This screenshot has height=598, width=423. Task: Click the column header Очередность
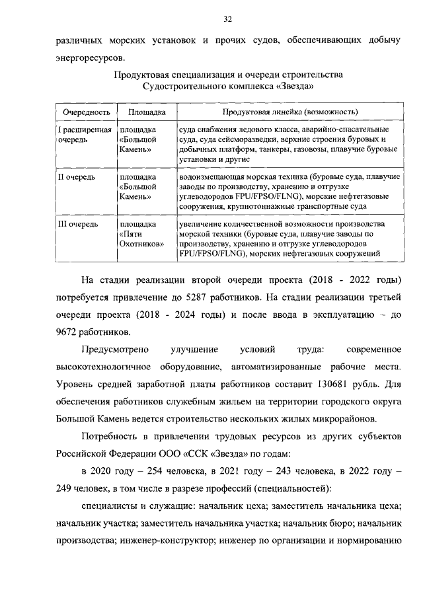pyautogui.click(x=82, y=112)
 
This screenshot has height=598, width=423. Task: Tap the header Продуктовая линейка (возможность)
pyautogui.click(x=286, y=112)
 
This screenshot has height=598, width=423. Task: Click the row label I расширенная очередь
pyautogui.click(x=82, y=135)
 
